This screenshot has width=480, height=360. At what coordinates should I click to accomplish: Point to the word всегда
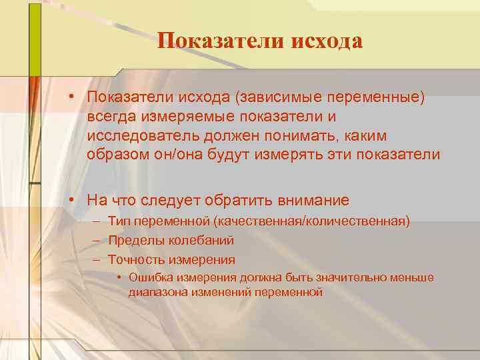[111, 117]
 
